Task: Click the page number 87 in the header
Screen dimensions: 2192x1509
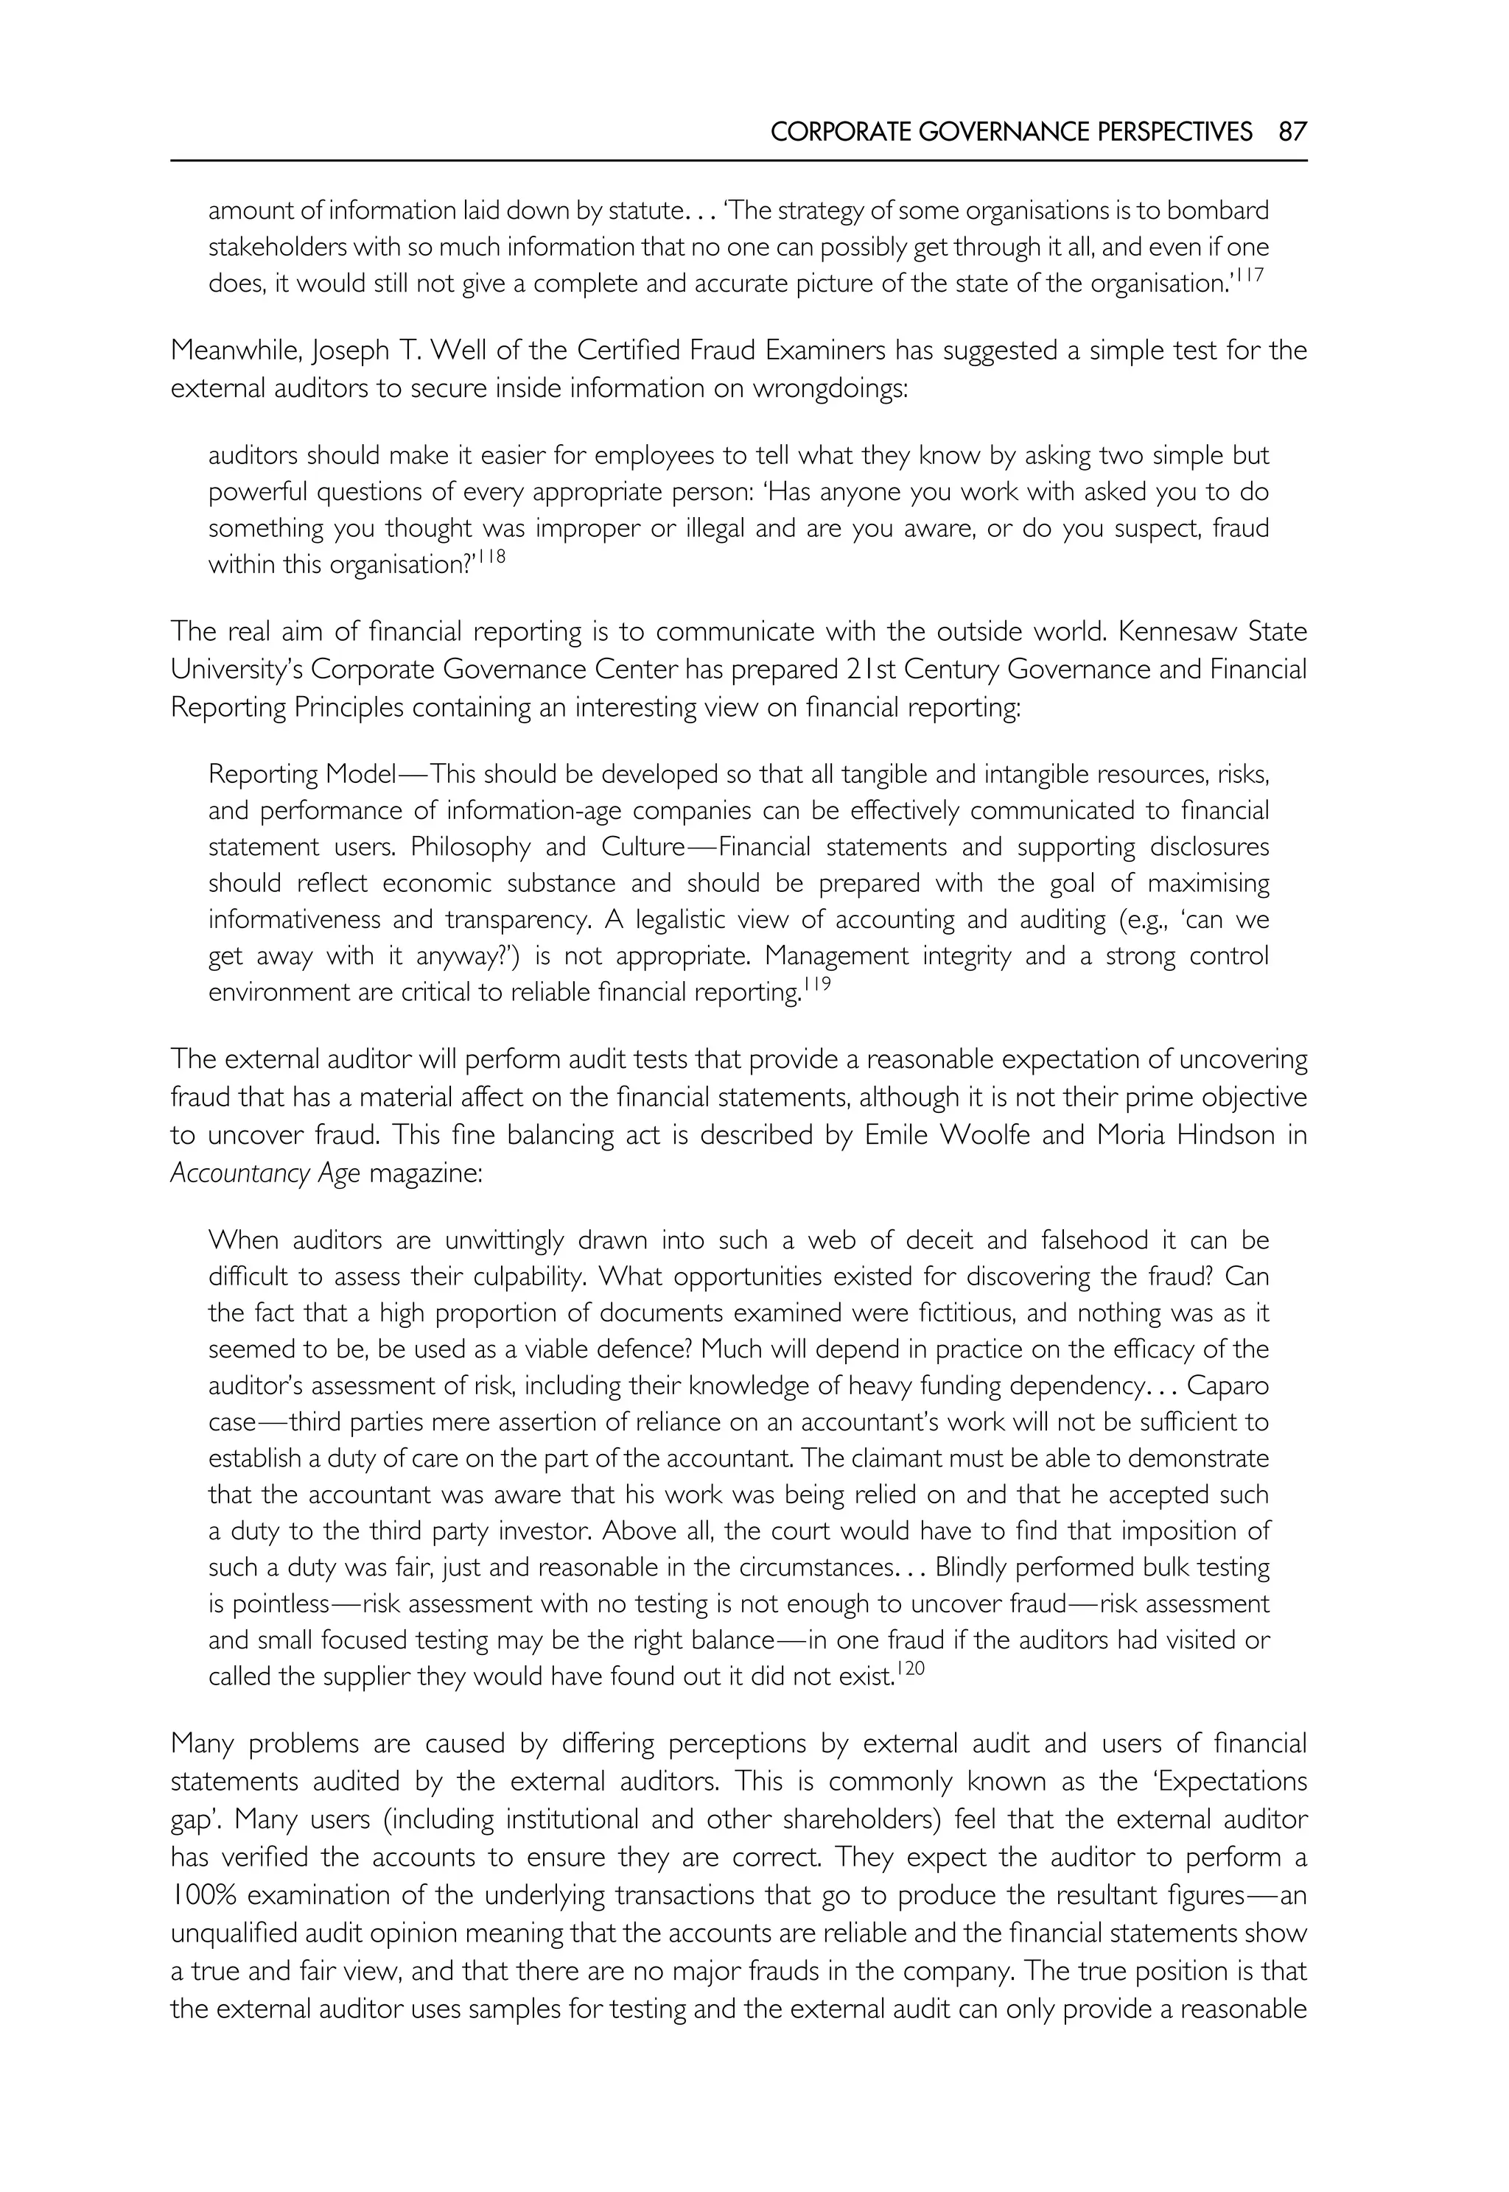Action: point(1292,131)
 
